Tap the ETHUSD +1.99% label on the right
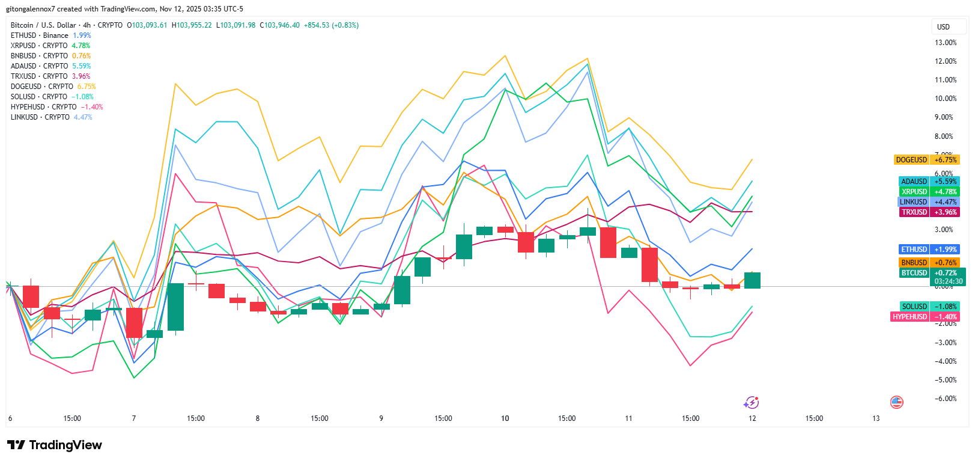pyautogui.click(x=929, y=250)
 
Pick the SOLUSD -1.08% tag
pyautogui.click(x=929, y=307)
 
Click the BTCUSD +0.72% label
pyautogui.click(x=929, y=273)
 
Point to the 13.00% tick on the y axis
pyautogui.click(x=946, y=43)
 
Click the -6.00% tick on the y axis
pyautogui.click(x=946, y=399)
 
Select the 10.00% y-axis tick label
pyautogui.click(x=946, y=99)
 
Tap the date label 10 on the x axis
pyautogui.click(x=505, y=419)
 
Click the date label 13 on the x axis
pyautogui.click(x=876, y=419)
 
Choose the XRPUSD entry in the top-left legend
pyautogui.click(x=50, y=46)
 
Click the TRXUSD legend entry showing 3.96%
pyautogui.click(x=50, y=76)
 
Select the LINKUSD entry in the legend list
pyautogui.click(x=51, y=117)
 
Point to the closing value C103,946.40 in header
pyautogui.click(x=279, y=25)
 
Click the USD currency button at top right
pyautogui.click(x=943, y=27)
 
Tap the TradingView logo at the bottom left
pyautogui.click(x=55, y=445)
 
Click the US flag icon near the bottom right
pyautogui.click(x=896, y=402)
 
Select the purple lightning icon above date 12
pyautogui.click(x=751, y=402)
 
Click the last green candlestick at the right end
pyautogui.click(x=752, y=280)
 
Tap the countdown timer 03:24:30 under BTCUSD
pyautogui.click(x=948, y=281)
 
